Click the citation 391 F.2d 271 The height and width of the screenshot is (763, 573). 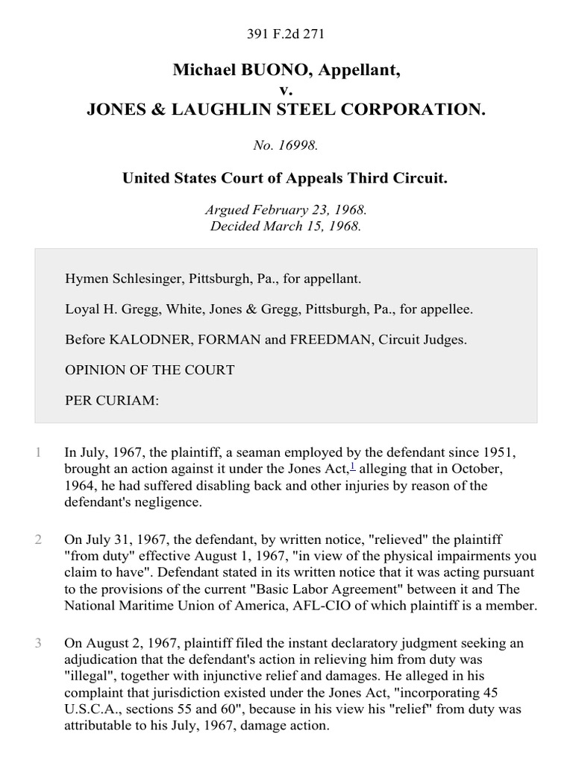point(286,34)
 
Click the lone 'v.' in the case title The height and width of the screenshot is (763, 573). point(286,91)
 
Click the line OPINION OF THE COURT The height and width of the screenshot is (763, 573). point(150,370)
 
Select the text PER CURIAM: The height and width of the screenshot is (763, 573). point(112,401)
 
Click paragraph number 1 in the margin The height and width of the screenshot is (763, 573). point(37,452)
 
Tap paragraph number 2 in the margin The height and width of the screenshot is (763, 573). point(37,539)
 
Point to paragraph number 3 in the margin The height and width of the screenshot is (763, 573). point(37,626)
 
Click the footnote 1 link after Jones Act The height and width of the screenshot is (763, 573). point(353,466)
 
